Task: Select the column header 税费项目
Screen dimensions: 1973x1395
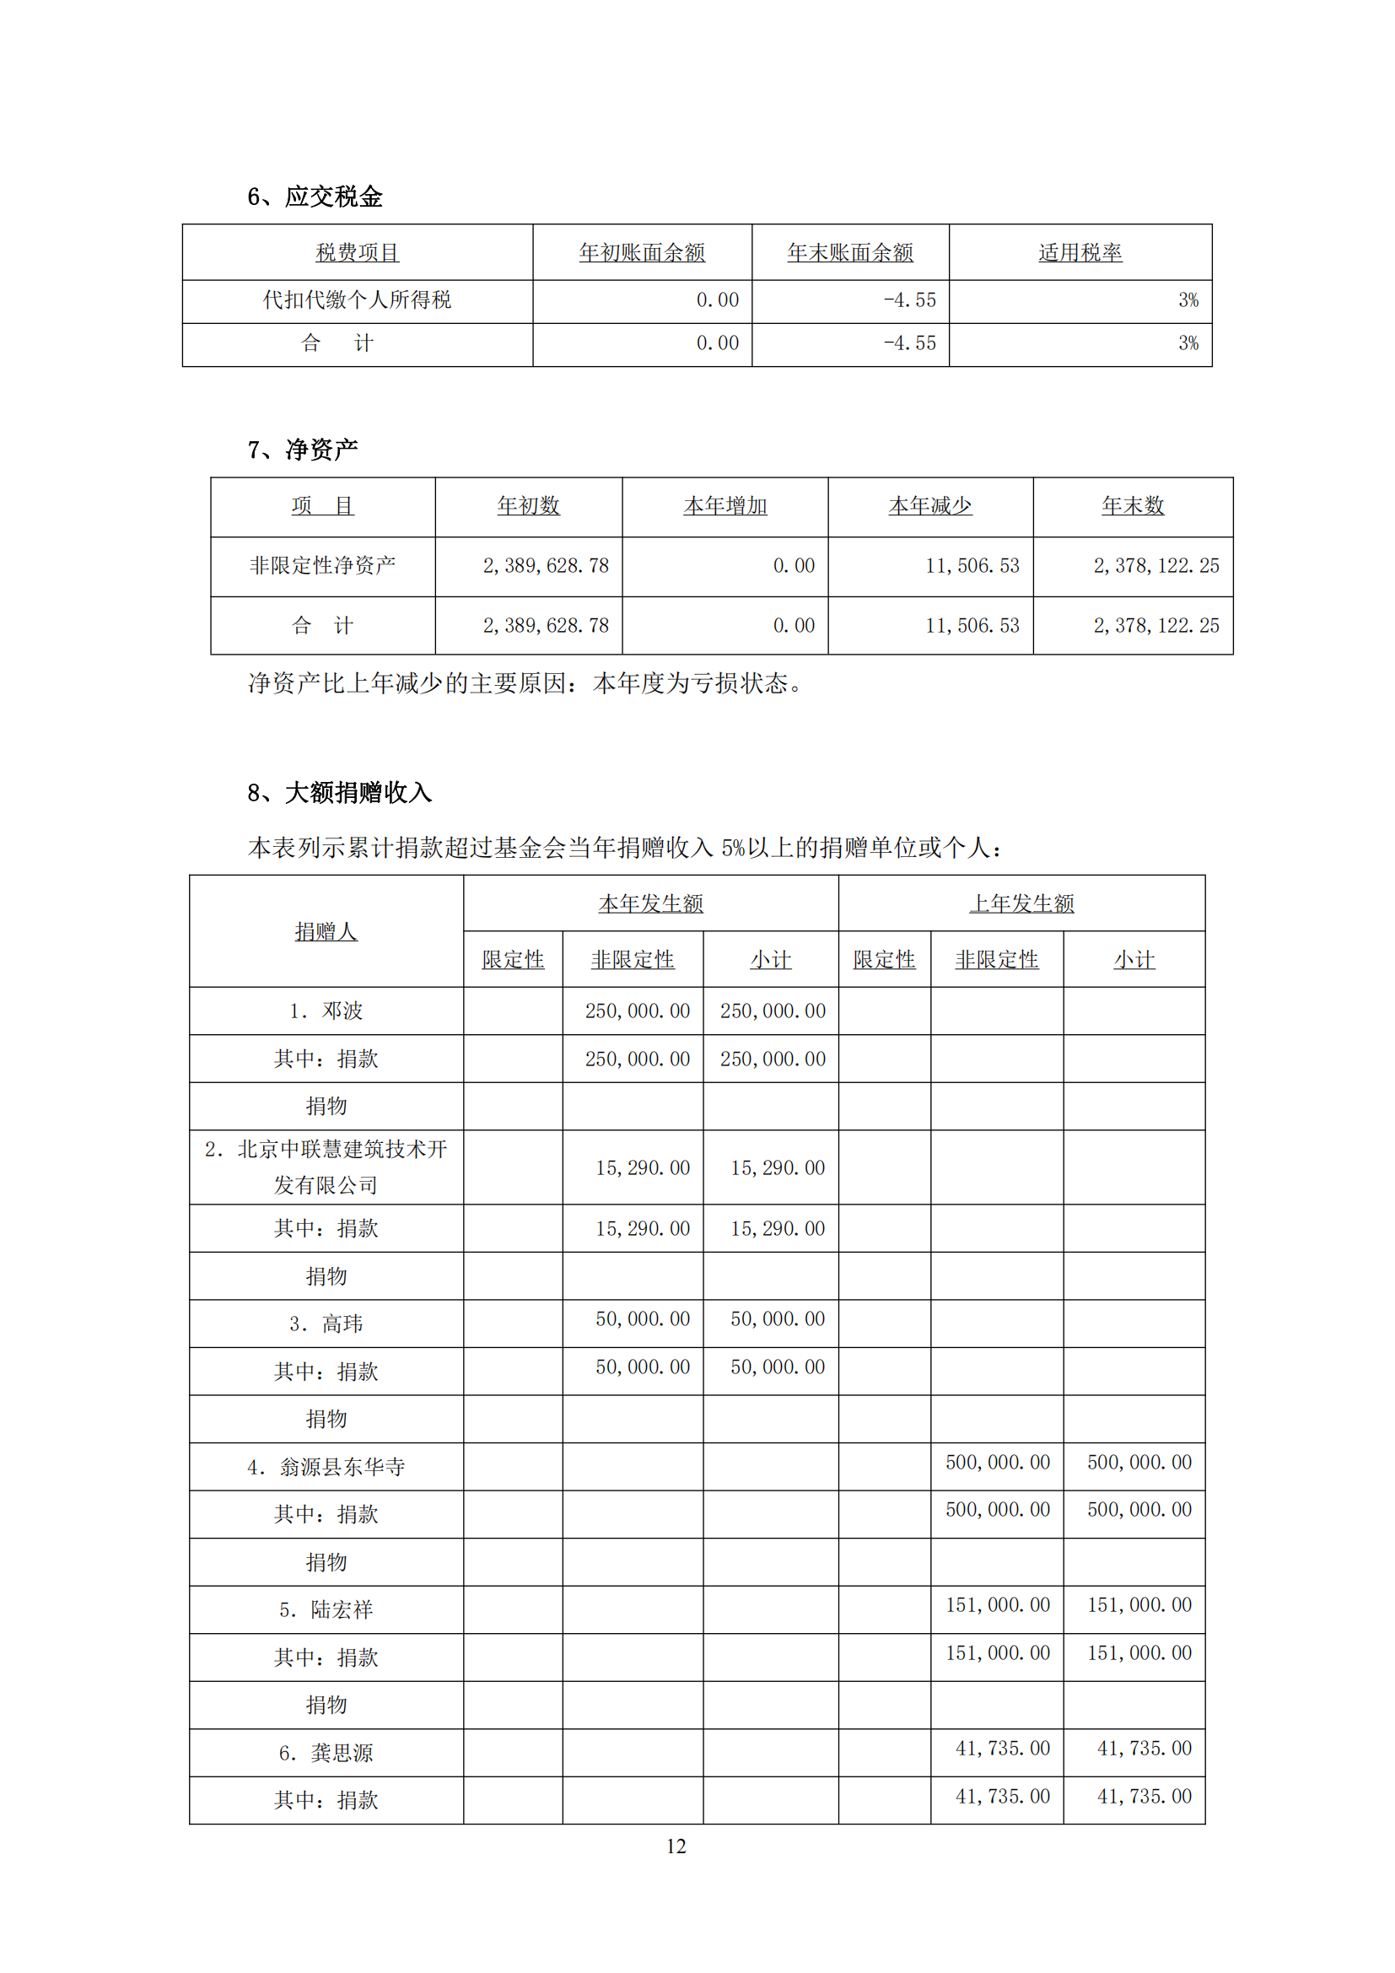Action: point(358,253)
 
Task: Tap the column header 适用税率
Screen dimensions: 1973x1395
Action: point(1080,253)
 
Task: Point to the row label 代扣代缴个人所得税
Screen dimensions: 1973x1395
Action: point(358,300)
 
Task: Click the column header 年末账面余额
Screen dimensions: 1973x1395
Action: point(849,253)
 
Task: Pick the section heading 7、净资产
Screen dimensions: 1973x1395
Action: point(303,450)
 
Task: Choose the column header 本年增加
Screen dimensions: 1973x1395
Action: point(725,506)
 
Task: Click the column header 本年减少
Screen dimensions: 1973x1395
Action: point(930,506)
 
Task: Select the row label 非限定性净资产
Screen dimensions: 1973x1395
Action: point(323,565)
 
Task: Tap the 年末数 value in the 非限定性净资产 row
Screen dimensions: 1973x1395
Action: point(1155,565)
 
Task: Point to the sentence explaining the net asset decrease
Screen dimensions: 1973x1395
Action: point(525,683)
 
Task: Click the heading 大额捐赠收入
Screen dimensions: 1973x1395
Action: point(358,792)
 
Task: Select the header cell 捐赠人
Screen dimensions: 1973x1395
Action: point(326,931)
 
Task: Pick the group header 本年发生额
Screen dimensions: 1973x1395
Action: point(650,903)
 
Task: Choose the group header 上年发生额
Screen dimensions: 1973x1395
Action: point(1021,903)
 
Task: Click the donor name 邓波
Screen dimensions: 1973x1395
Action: point(342,1011)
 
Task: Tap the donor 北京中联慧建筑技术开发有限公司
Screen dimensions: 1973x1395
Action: point(326,1167)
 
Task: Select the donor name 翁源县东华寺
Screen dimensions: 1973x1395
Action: point(342,1467)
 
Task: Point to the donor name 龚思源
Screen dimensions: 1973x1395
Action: point(342,1753)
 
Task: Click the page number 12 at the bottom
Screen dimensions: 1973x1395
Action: point(676,1846)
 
